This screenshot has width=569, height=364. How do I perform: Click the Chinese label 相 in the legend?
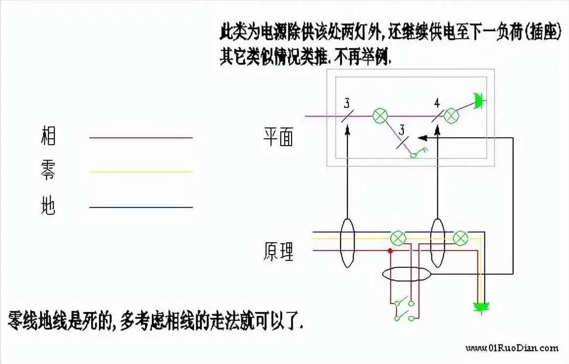(x=48, y=136)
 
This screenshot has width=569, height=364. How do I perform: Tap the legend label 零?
(x=48, y=170)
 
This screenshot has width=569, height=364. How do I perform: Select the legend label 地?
(x=48, y=205)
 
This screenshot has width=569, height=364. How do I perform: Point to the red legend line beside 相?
(x=141, y=138)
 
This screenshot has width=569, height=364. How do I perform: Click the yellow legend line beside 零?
(x=141, y=172)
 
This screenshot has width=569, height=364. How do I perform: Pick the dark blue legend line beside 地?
(x=141, y=208)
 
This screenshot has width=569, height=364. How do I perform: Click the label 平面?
(x=278, y=136)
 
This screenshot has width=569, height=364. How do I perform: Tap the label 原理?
(x=278, y=251)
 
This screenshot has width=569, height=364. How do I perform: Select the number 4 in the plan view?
(x=437, y=104)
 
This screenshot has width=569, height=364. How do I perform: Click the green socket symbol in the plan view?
(x=479, y=100)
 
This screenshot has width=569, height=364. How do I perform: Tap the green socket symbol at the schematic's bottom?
(x=481, y=307)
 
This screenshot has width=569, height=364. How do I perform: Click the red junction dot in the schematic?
(x=390, y=251)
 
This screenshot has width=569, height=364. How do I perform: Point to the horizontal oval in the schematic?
(x=407, y=274)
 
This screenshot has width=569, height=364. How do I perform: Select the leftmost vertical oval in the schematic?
(x=347, y=243)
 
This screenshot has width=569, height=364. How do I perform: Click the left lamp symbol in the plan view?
(x=380, y=116)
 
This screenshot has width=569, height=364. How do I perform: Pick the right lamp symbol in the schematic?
(x=461, y=238)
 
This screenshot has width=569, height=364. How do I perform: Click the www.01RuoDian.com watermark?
(x=512, y=348)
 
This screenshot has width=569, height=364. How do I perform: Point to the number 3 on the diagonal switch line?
(x=402, y=130)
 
